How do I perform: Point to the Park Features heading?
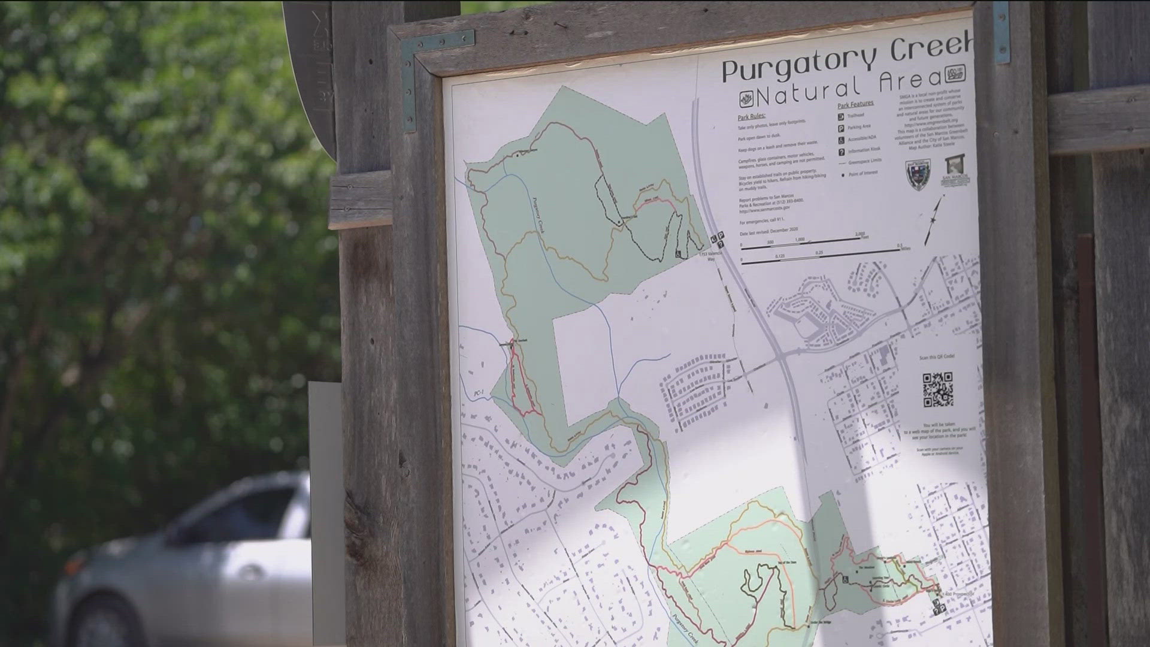tap(855, 105)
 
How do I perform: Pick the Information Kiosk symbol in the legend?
tap(842, 152)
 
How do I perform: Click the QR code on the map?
tap(937, 389)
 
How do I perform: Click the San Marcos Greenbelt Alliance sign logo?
tap(955, 170)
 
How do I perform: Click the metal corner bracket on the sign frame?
tap(410, 78)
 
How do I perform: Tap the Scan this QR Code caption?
tap(937, 357)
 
